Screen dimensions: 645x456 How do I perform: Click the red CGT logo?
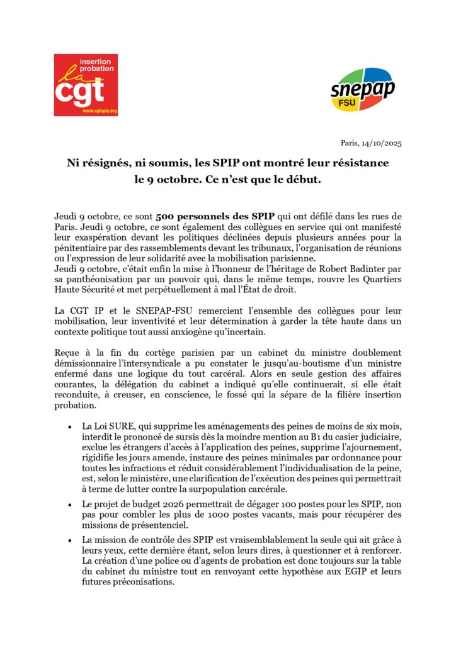click(86, 85)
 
